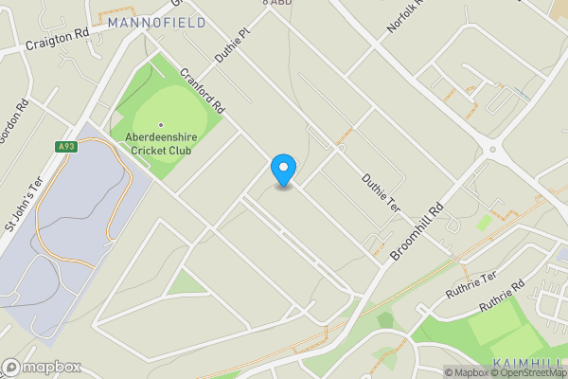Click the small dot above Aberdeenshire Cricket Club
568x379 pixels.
[161, 124]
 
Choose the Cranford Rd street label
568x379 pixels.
[202, 88]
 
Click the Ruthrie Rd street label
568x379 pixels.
[502, 296]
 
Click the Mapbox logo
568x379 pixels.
[42, 367]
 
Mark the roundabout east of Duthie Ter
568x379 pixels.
[491, 150]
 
